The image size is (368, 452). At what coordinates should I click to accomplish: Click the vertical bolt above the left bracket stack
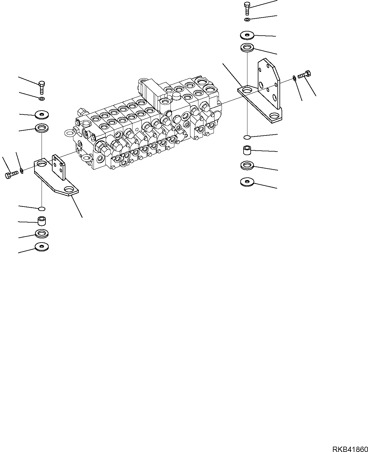tap(42, 87)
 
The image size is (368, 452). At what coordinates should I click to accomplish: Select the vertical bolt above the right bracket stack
tap(247, 8)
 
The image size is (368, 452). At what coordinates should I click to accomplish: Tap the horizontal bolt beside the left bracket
tap(12, 175)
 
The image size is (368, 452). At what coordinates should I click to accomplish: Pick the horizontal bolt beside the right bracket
tap(304, 75)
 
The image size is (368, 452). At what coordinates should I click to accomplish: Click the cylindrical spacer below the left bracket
tap(42, 221)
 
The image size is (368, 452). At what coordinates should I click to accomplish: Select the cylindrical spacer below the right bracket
tap(247, 150)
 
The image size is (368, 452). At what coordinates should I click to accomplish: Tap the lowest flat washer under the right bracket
tap(247, 182)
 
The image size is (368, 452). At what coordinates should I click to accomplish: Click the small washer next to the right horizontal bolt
tap(294, 78)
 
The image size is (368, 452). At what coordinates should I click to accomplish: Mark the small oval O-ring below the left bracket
tap(42, 208)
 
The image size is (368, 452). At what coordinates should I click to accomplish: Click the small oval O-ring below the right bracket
tap(247, 137)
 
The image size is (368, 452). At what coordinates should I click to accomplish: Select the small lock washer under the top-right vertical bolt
tap(247, 20)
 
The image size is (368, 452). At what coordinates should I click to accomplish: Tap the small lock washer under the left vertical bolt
tap(42, 98)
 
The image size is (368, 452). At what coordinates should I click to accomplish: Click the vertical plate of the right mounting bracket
tap(269, 83)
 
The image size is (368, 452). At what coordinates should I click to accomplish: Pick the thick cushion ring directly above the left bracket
tap(42, 129)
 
